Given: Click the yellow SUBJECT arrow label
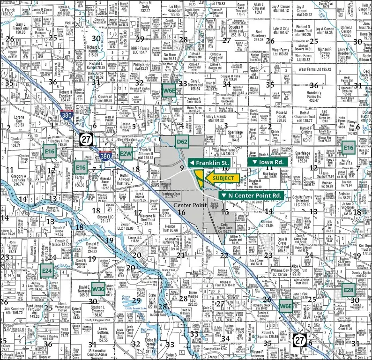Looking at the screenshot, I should (223, 178).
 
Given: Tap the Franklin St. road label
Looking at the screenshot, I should (208, 163).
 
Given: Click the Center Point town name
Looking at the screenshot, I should (190, 205).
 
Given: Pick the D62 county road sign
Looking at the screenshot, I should (182, 142).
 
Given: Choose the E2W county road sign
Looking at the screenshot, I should (126, 153).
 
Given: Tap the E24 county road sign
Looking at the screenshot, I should (46, 270).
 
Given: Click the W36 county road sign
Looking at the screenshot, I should (98, 288).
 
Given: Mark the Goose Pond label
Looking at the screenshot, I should (126, 298).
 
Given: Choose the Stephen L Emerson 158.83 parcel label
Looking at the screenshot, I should (104, 312).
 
